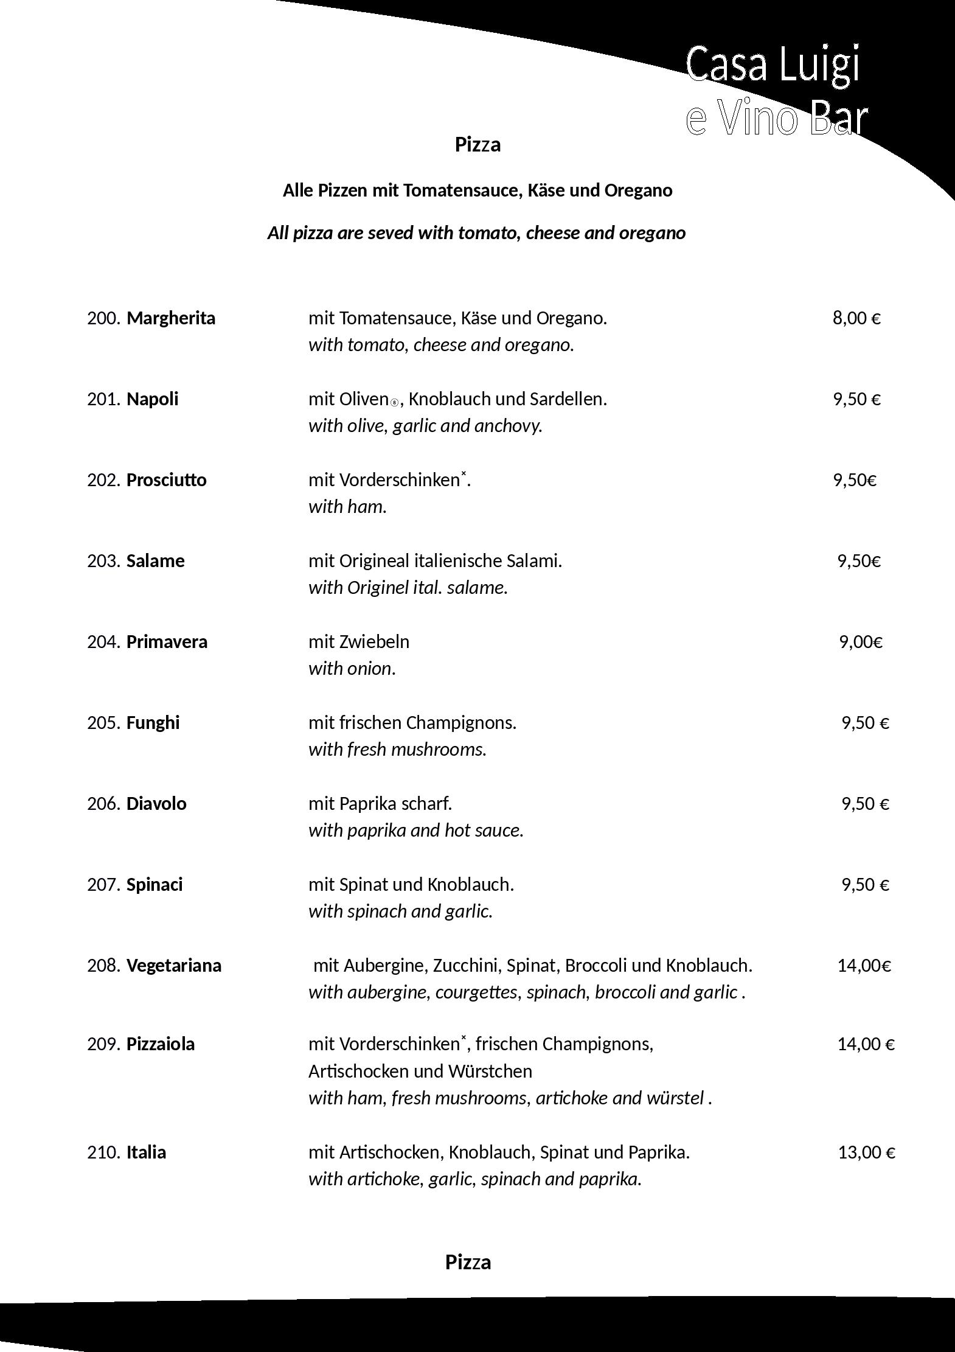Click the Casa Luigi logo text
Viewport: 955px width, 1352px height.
pos(774,64)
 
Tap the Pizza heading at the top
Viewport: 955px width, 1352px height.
pos(477,145)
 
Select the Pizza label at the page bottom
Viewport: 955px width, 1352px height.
pos(468,1262)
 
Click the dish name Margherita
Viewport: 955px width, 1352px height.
pos(171,318)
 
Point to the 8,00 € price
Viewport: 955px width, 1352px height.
pos(856,318)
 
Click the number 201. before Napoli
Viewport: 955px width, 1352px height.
pos(103,399)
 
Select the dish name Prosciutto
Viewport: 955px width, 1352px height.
pos(166,480)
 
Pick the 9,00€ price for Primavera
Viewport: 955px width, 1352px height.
pos(861,642)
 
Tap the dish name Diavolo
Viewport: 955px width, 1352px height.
pos(156,804)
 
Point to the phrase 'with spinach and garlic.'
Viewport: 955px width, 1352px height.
pos(400,911)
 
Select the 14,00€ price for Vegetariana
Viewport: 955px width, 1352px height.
pos(864,966)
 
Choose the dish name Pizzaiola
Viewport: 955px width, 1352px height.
pos(161,1044)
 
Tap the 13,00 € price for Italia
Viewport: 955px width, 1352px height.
pos(866,1152)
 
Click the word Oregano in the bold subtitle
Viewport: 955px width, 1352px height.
pos(638,190)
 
